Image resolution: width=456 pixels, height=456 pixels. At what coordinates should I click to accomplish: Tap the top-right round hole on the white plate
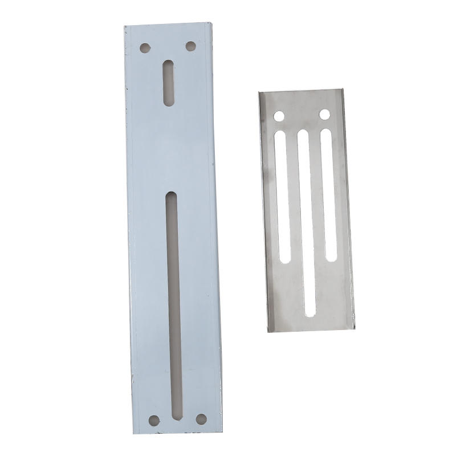click(x=191, y=46)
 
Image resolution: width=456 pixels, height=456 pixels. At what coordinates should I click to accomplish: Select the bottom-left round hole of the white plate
click(x=154, y=421)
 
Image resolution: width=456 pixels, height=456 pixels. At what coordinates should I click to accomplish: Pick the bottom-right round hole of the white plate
click(x=201, y=419)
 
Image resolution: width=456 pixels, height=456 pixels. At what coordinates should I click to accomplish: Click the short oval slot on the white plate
click(x=169, y=83)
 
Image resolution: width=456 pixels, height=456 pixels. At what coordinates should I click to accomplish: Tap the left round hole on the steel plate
click(x=279, y=116)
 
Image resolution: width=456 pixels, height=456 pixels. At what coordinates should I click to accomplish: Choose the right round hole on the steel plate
click(x=324, y=115)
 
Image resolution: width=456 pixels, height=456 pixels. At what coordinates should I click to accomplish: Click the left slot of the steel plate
click(x=283, y=194)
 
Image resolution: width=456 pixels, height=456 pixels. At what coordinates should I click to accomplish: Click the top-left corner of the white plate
click(x=124, y=27)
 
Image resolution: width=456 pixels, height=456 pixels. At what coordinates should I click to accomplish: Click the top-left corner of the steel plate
click(x=259, y=92)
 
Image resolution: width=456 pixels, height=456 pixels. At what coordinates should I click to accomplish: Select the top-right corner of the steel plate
click(x=343, y=88)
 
